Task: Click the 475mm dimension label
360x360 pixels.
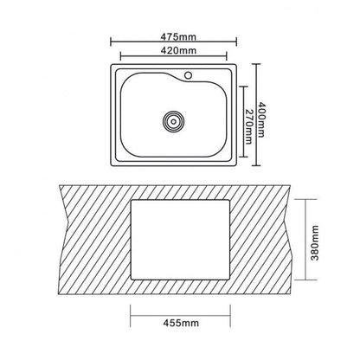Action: pos(178,37)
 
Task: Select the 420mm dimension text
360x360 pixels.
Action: pos(178,50)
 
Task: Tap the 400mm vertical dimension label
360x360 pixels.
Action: pos(261,119)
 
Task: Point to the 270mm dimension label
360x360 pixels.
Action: pos(248,126)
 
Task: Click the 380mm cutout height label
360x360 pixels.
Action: pos(315,243)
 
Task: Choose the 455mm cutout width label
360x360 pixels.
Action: pos(181,323)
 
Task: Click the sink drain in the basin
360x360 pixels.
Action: pos(173,121)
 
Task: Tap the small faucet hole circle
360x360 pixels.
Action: pos(188,75)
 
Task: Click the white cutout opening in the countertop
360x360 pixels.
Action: pos(181,240)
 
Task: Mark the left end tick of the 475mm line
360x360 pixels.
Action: pos(111,42)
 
